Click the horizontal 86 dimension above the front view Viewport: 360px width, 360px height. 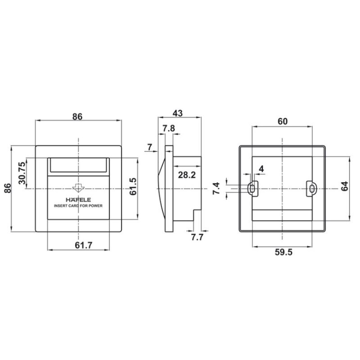click(77, 116)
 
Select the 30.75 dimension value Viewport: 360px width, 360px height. click(21, 175)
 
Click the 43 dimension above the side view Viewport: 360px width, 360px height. click(179, 113)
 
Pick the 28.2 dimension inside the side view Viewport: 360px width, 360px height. click(186, 175)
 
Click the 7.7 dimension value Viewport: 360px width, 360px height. click(197, 237)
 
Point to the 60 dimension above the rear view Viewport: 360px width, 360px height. click(282, 121)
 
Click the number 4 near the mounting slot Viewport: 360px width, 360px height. click(261, 169)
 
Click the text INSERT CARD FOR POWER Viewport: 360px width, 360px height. click(78, 206)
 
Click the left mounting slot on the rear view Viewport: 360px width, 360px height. click(253, 189)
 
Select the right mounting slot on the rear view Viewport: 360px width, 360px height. click(311, 189)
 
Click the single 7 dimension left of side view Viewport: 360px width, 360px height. click(149, 147)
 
